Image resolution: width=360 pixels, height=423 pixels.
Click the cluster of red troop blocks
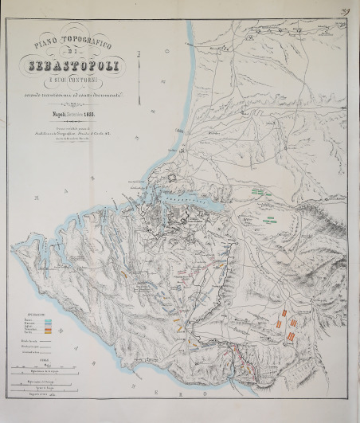[x=287, y=327]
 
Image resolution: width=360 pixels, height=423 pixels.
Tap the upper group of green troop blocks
[x=256, y=192]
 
